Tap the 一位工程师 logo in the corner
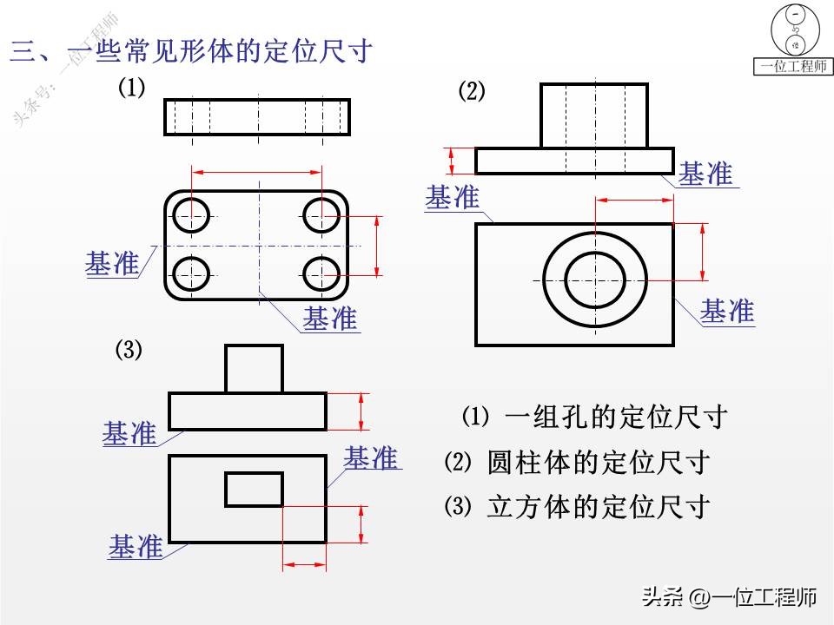pyautogui.click(x=794, y=39)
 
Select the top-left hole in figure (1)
pyautogui.click(x=191, y=214)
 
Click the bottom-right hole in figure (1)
pyautogui.click(x=321, y=274)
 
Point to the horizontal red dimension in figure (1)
pyautogui.click(x=257, y=173)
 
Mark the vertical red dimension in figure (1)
pyautogui.click(x=377, y=244)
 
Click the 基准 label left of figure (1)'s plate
pyautogui.click(x=111, y=263)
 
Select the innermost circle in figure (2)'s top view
pyautogui.click(x=595, y=279)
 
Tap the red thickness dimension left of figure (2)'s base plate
pyautogui.click(x=452, y=161)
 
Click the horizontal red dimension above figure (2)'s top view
pyautogui.click(x=634, y=201)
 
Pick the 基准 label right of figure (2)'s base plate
pyautogui.click(x=705, y=174)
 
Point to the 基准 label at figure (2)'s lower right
pyautogui.click(x=727, y=311)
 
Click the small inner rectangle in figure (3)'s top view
pyautogui.click(x=254, y=489)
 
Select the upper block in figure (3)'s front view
pyautogui.click(x=254, y=368)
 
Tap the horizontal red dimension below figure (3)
pyautogui.click(x=304, y=565)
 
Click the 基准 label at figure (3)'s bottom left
pyautogui.click(x=136, y=547)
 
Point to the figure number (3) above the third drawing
pyautogui.click(x=129, y=351)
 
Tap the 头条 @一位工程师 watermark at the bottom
pyautogui.click(x=728, y=597)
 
